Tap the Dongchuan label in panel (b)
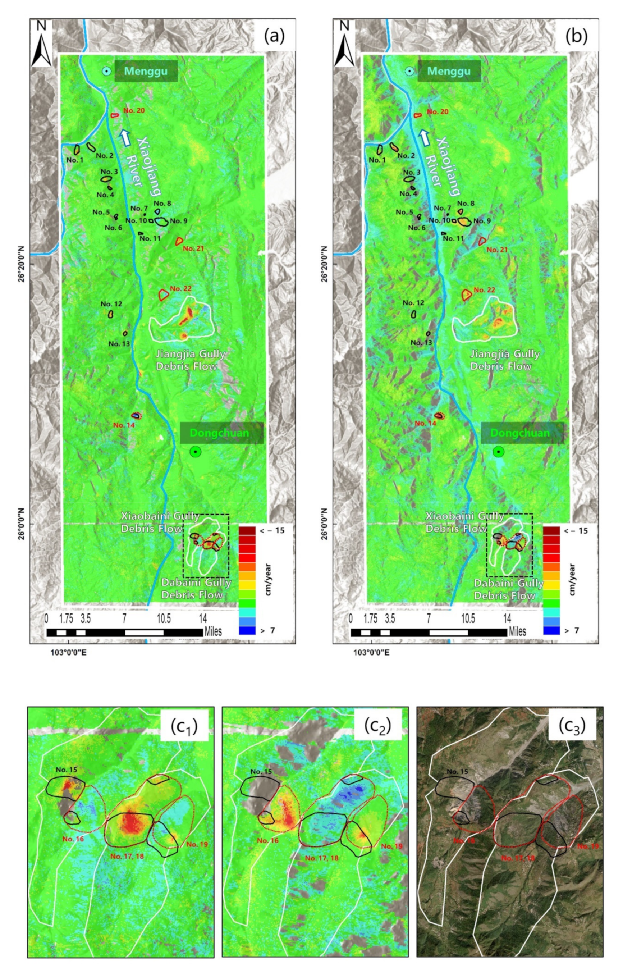pyautogui.click(x=522, y=433)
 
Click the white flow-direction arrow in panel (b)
pyautogui.click(x=424, y=138)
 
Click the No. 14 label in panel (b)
pyautogui.click(x=426, y=423)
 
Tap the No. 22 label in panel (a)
pyautogui.click(x=180, y=288)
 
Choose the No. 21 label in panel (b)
pyautogui.click(x=497, y=250)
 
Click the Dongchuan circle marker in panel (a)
pyautogui.click(x=195, y=452)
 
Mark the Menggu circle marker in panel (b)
pyautogui.click(x=410, y=72)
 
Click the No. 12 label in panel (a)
pyautogui.click(x=111, y=304)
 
